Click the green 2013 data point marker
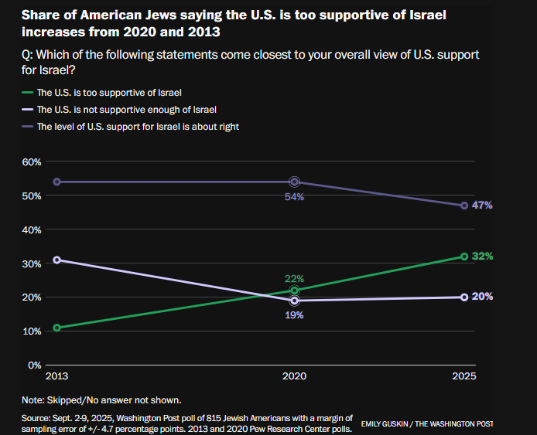[57, 328]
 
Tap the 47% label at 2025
[483, 206]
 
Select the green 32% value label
[483, 256]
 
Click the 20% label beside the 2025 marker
[483, 297]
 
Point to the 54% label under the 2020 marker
[294, 197]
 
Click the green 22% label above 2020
[294, 278]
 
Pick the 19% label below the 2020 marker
[294, 314]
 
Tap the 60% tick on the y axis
[31, 161]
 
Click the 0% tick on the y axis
[34, 365]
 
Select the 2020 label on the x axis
[294, 377]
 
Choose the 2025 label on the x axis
[464, 377]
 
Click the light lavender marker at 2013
[57, 260]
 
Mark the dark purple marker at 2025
[464, 206]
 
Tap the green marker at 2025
[464, 257]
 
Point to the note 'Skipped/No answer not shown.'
[101, 399]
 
